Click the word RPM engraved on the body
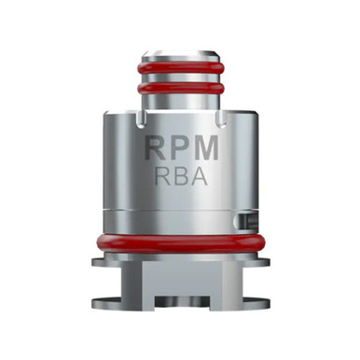point(180,149)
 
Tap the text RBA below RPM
point(180,178)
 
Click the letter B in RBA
point(180,178)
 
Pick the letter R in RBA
point(162,178)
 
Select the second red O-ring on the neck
point(180,93)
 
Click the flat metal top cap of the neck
point(180,50)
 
